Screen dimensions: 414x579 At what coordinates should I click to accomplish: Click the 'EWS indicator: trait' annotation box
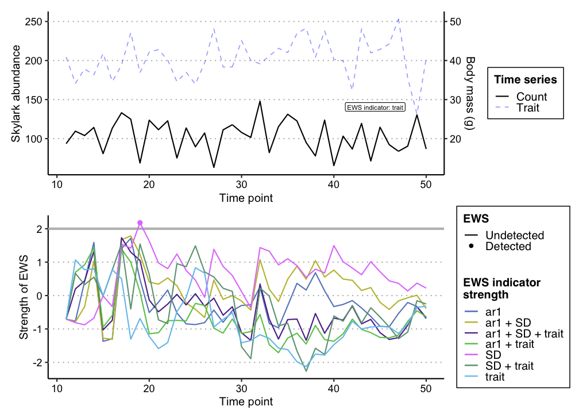click(376, 107)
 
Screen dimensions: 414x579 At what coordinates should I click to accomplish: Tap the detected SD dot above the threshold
click(140, 223)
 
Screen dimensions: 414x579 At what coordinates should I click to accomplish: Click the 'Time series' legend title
click(526, 79)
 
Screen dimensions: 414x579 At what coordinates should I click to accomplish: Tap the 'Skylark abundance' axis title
click(16, 93)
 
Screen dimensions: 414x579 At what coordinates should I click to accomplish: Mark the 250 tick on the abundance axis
click(33, 22)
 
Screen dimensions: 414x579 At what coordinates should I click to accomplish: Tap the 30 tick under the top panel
click(241, 184)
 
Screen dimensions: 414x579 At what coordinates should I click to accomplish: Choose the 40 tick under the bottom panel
click(333, 389)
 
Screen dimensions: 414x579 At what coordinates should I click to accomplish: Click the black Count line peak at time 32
click(260, 101)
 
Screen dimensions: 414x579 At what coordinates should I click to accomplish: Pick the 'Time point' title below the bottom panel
click(246, 401)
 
